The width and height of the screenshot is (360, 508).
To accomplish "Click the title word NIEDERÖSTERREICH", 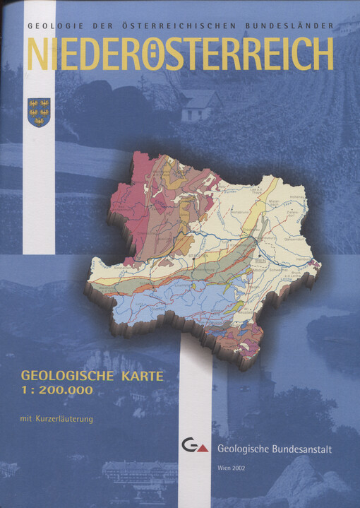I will click(180, 53).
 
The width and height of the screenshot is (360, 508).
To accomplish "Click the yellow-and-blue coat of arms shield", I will click(39, 112).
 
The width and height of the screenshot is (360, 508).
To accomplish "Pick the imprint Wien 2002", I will click(234, 469).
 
